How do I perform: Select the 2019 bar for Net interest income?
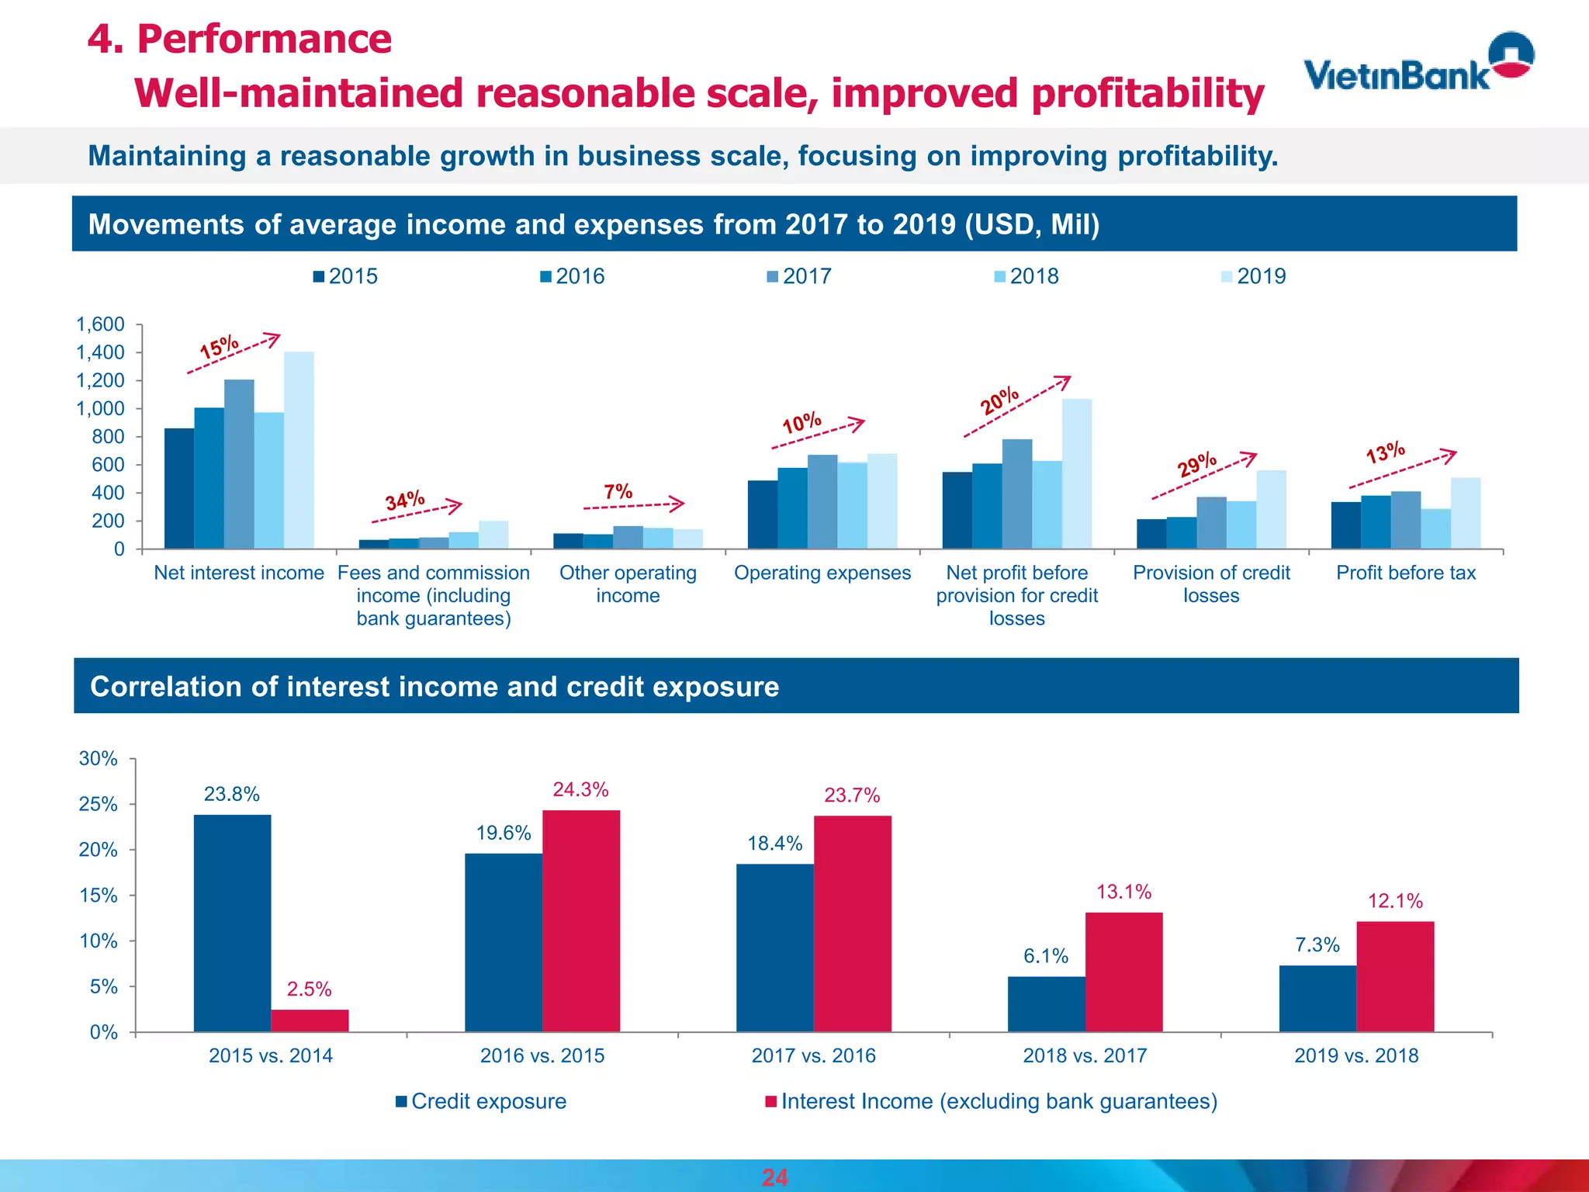click(299, 450)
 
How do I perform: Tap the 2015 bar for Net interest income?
click(179, 489)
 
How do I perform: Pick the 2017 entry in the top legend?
click(799, 276)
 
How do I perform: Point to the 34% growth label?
click(405, 501)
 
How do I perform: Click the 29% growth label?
click(1197, 465)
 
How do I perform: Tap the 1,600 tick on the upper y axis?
click(100, 324)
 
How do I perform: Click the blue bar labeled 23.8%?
click(232, 923)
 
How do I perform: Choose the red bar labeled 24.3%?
click(581, 920)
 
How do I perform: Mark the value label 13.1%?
click(1123, 892)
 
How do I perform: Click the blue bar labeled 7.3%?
click(1317, 998)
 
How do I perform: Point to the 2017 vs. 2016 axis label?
click(813, 1055)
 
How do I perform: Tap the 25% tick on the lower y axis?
click(99, 804)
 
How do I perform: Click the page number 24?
click(774, 1177)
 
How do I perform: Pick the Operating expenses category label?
click(822, 573)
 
